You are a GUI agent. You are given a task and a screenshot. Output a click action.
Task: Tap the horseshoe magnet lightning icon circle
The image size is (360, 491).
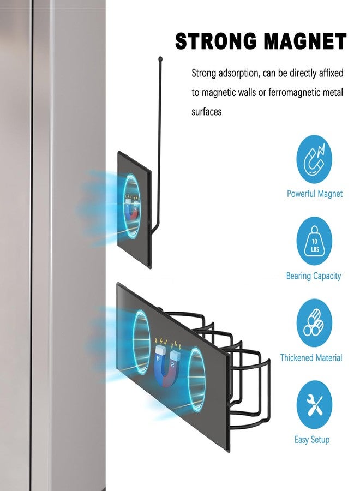click(x=314, y=159)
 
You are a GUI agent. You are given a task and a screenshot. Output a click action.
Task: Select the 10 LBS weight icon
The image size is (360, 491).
click(x=314, y=241)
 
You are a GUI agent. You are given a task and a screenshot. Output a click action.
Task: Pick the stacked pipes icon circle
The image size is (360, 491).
click(x=314, y=322)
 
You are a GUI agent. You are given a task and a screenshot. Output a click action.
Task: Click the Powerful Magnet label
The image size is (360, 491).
click(x=315, y=194)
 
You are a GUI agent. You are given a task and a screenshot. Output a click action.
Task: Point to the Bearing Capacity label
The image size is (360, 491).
click(x=313, y=276)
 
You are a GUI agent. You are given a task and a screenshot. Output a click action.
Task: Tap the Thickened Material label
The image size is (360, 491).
click(x=311, y=357)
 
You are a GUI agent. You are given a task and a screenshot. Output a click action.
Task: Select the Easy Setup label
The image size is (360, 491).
click(x=312, y=439)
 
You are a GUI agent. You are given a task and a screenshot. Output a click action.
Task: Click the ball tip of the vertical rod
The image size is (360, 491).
click(x=160, y=58)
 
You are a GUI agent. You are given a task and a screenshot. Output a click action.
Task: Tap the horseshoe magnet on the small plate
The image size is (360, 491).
click(x=132, y=208)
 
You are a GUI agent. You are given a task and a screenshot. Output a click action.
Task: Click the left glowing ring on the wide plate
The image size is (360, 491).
click(x=141, y=342)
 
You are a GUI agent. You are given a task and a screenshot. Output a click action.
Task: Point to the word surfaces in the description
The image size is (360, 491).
click(x=206, y=111)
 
